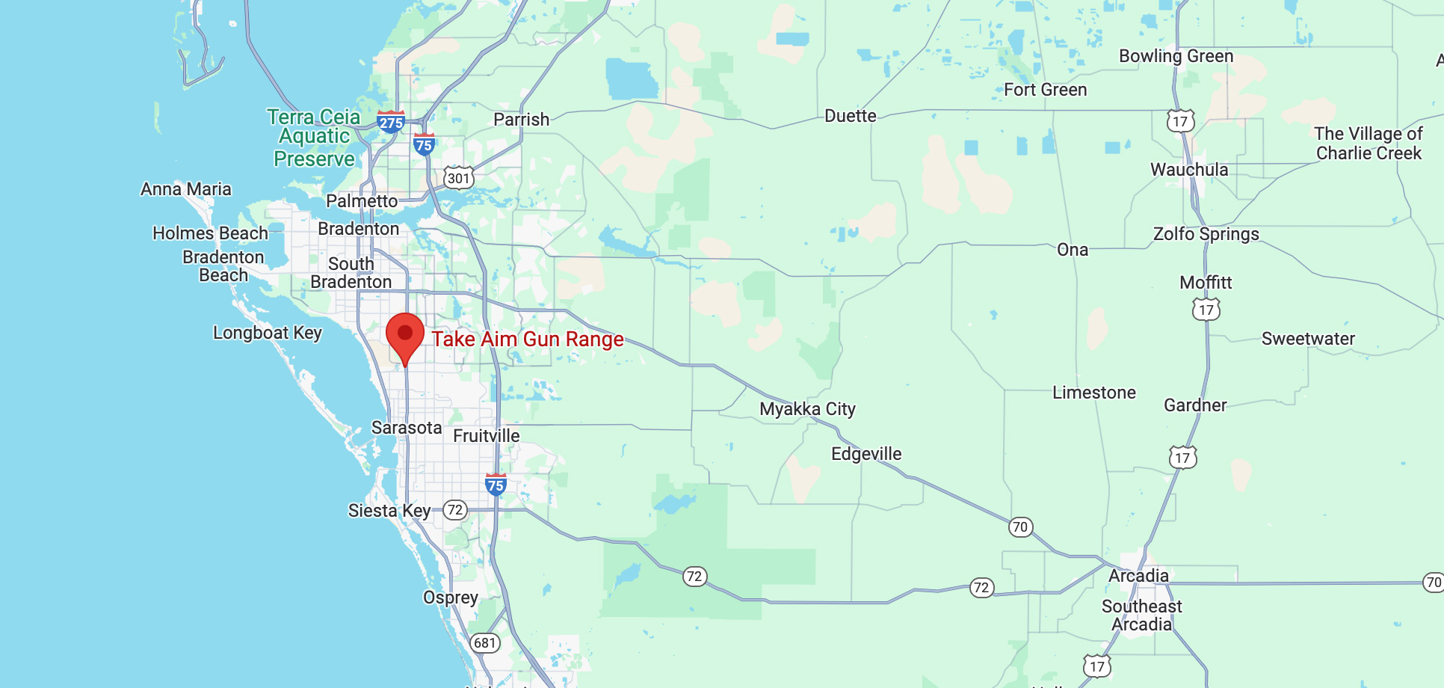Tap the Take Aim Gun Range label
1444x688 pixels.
pyautogui.click(x=528, y=340)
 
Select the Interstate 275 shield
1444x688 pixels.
pyautogui.click(x=391, y=122)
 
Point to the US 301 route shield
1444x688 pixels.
pyautogui.click(x=459, y=178)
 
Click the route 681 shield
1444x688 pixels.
pyautogui.click(x=485, y=643)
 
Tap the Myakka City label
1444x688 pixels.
pyautogui.click(x=807, y=409)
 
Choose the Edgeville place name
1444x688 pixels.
pyautogui.click(x=866, y=454)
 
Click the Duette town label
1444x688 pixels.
pyautogui.click(x=851, y=116)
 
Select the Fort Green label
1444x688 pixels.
pyautogui.click(x=1045, y=90)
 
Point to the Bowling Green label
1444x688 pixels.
pyautogui.click(x=1176, y=56)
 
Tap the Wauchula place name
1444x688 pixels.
pyautogui.click(x=1189, y=170)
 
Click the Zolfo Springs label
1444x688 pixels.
pyautogui.click(x=1206, y=234)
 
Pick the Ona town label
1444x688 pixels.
pyautogui.click(x=1073, y=250)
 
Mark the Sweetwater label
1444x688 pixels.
pyautogui.click(x=1308, y=339)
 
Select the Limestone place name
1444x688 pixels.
pyautogui.click(x=1093, y=393)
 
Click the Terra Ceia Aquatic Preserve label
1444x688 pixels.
pyautogui.click(x=314, y=138)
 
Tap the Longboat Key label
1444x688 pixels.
pyautogui.click(x=267, y=333)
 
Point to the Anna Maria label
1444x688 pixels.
pyautogui.click(x=186, y=189)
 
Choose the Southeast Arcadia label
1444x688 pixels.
pyautogui.click(x=1141, y=615)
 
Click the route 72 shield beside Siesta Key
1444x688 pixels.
pyautogui.click(x=455, y=511)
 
